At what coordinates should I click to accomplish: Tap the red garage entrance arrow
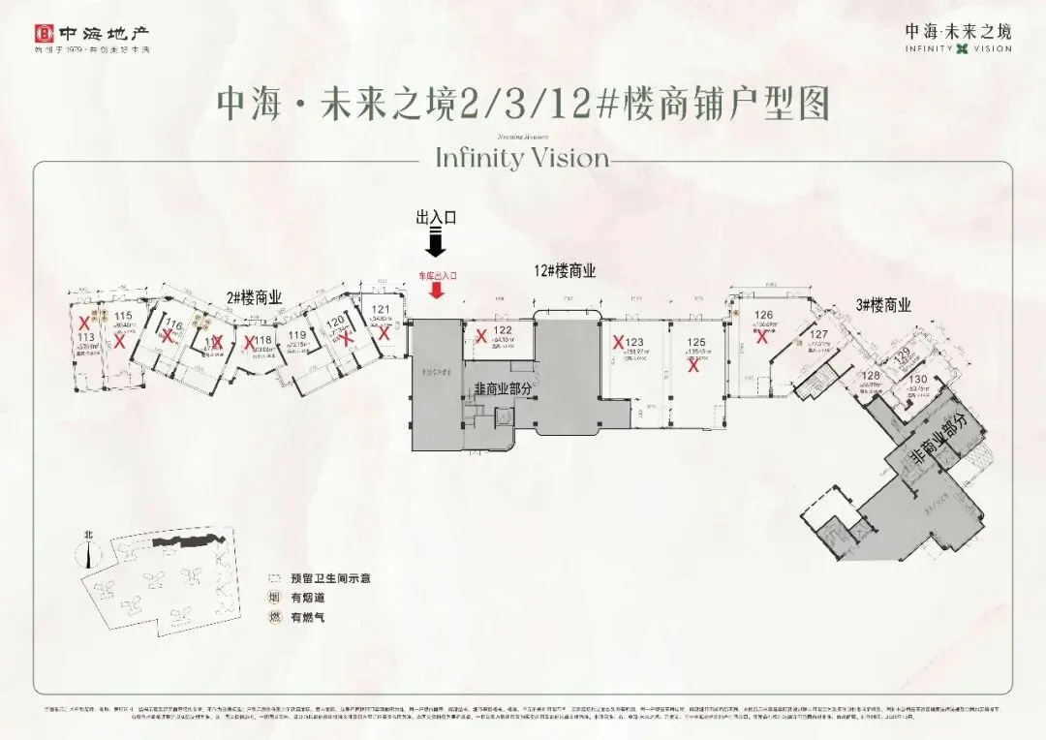coord(437,291)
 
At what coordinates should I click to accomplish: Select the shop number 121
coord(380,310)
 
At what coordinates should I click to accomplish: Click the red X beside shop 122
coord(481,336)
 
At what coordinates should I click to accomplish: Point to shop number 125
coord(695,342)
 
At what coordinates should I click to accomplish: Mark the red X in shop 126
coord(762,337)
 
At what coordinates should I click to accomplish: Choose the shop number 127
coord(818,335)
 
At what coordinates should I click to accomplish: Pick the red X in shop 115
coord(119,341)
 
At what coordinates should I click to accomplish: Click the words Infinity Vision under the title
coord(522,157)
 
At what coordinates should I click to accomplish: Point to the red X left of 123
coord(617,341)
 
